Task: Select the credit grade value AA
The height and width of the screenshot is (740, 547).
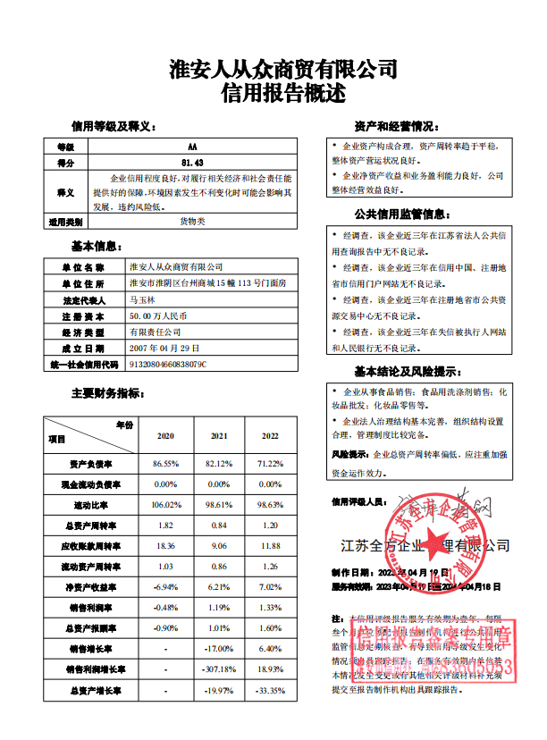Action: (x=192, y=147)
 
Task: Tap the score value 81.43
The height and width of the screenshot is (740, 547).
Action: (x=192, y=163)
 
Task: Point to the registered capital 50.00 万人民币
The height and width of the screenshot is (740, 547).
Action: (x=161, y=316)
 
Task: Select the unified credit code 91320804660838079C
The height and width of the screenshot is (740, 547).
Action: (x=169, y=365)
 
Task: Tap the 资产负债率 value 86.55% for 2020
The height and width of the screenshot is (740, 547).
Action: (x=166, y=464)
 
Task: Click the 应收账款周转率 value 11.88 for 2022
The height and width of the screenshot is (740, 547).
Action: (x=270, y=546)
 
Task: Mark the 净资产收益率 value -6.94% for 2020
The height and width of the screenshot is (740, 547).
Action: (x=166, y=586)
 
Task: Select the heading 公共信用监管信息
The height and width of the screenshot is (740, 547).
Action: (x=400, y=214)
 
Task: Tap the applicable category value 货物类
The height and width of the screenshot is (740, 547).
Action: (x=192, y=221)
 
